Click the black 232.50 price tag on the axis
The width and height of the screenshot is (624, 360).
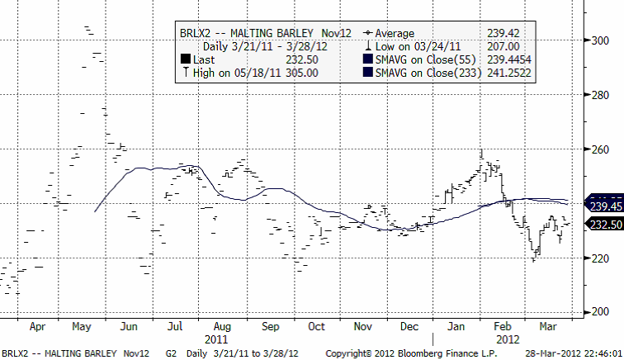(605, 224)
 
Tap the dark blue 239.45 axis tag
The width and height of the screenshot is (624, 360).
(605, 206)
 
